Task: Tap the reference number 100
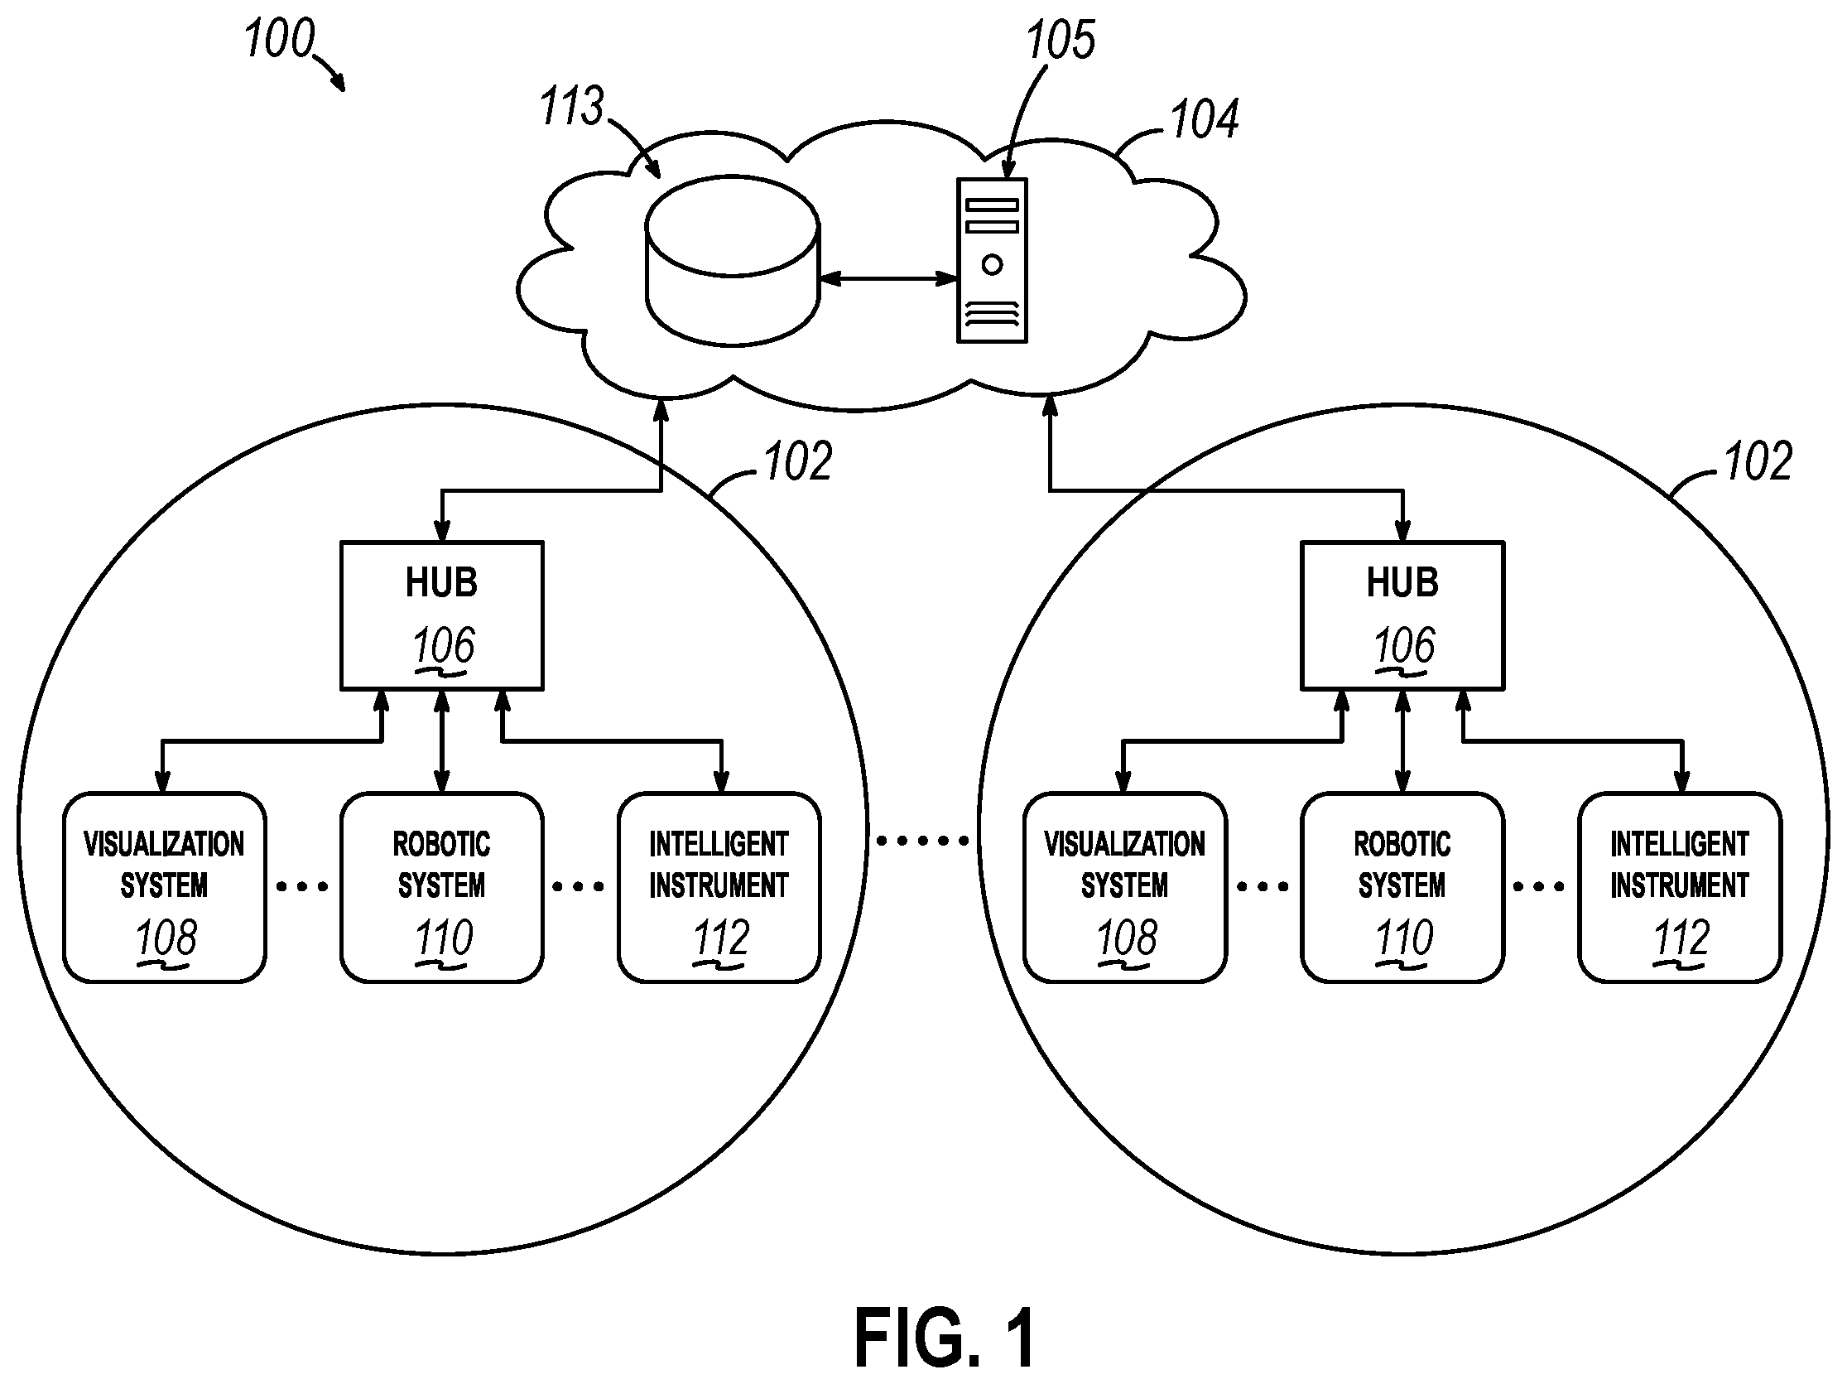tap(279, 38)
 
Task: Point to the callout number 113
tap(571, 106)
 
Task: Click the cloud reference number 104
tap(1204, 118)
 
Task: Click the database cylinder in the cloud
tap(733, 260)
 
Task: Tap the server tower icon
tap(992, 261)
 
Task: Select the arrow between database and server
tap(887, 278)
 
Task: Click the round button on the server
tap(992, 265)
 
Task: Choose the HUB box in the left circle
tap(442, 616)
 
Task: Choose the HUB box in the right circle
tap(1402, 616)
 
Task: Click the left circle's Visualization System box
tap(165, 887)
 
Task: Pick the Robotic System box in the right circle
tap(1402, 887)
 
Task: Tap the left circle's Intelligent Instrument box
tap(719, 887)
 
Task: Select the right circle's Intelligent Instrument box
tap(1680, 887)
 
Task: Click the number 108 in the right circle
tap(1127, 938)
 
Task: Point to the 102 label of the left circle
tap(798, 461)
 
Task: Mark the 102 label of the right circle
tap(1758, 461)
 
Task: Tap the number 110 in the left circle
tap(445, 938)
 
